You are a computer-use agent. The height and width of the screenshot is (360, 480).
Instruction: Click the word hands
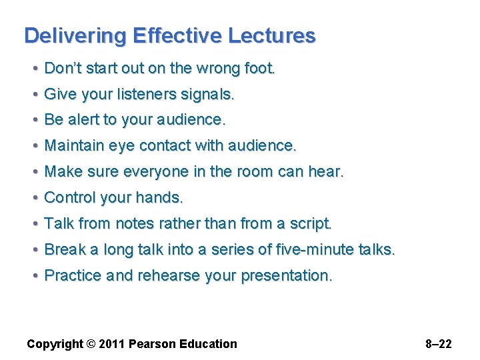click(x=159, y=198)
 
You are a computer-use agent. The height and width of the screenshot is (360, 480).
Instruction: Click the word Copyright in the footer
click(x=54, y=345)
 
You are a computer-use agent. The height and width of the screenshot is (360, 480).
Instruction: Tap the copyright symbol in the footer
click(x=90, y=345)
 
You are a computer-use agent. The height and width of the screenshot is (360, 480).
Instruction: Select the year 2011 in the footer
click(x=111, y=345)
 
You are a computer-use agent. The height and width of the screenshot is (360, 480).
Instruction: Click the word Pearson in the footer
click(x=152, y=345)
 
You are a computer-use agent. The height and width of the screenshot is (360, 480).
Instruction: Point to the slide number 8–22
click(x=438, y=345)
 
